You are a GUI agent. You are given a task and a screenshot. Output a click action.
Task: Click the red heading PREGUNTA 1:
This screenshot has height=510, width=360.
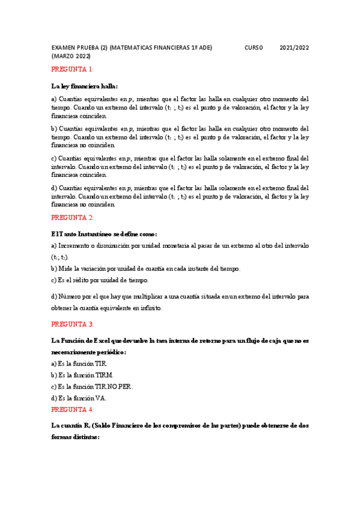pos(72,69)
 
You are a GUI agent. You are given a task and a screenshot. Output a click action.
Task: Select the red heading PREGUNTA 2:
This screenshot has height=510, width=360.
pos(72,217)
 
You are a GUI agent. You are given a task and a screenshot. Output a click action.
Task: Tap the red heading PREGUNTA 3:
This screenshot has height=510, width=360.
pos(72,324)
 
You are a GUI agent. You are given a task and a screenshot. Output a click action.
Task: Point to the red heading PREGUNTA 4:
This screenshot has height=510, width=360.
pos(72,410)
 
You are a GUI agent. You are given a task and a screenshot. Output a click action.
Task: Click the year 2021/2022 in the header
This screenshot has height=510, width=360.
pos(294,48)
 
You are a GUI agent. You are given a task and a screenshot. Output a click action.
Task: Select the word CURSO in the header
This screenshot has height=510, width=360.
pos(254,48)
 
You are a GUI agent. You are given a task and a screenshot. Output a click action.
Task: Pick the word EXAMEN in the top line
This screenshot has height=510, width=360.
pos(64,48)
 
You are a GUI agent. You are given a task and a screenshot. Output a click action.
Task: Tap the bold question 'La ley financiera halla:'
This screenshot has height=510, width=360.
pos(84,85)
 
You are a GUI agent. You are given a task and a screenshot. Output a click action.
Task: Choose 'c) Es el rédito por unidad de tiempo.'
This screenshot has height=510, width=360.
pos(100,280)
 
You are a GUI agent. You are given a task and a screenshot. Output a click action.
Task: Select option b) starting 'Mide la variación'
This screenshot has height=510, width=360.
pos(146,268)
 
